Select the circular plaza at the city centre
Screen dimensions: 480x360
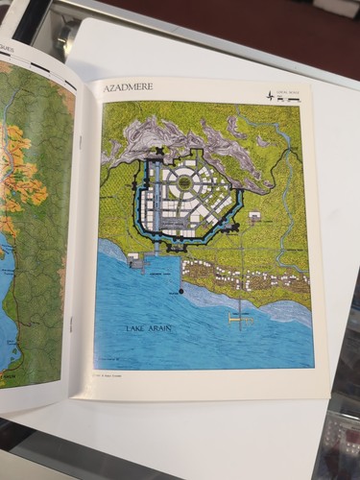(x=181, y=180)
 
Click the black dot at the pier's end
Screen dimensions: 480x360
(x=181, y=290)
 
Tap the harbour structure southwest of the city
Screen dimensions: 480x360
(x=135, y=260)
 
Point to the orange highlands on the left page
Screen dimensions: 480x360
(x=19, y=182)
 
